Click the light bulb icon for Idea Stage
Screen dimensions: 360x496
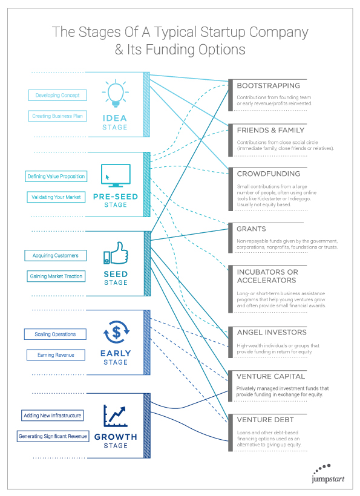point(116,93)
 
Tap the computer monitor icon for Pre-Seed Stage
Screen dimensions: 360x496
point(116,175)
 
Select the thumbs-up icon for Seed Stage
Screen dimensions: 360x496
point(116,253)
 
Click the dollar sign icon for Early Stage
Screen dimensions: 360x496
point(116,332)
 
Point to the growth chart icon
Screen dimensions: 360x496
point(116,416)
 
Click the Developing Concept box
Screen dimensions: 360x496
point(57,95)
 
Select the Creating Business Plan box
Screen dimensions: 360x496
point(57,116)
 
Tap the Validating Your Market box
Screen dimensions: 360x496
point(56,197)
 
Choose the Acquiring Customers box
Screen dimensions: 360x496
point(55,256)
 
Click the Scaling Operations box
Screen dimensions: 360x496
point(55,334)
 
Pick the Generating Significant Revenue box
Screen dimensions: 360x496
point(53,436)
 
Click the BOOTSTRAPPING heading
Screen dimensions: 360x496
point(268,86)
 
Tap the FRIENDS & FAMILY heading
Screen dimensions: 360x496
point(270,130)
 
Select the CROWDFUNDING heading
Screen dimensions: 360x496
point(269,174)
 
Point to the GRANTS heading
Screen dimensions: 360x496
point(251,229)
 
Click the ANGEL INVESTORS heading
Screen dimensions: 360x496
point(272,332)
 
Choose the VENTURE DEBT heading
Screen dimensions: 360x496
point(266,420)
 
